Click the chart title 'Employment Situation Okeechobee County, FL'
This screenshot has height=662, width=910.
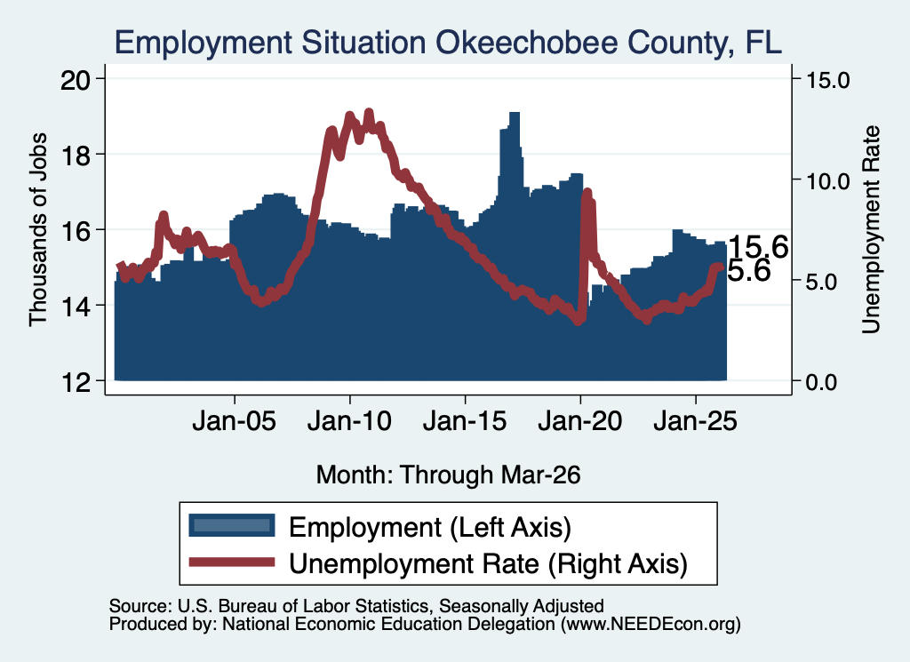(448, 43)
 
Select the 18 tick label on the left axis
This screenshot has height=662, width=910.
(76, 155)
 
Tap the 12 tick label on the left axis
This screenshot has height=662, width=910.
(76, 382)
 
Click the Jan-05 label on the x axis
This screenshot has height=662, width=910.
(235, 420)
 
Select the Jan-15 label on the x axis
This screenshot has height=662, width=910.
(465, 420)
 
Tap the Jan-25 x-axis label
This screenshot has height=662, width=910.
(695, 420)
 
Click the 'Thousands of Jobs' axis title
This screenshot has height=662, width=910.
(37, 229)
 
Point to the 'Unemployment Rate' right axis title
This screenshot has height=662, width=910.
(871, 229)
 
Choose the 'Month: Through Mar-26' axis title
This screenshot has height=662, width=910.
(448, 475)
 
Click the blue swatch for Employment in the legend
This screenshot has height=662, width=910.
(232, 525)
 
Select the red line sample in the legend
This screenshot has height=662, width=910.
(232, 562)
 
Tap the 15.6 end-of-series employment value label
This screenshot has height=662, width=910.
(758, 247)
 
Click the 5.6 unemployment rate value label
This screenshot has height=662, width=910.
(748, 270)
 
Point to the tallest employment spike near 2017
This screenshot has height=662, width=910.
(515, 116)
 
